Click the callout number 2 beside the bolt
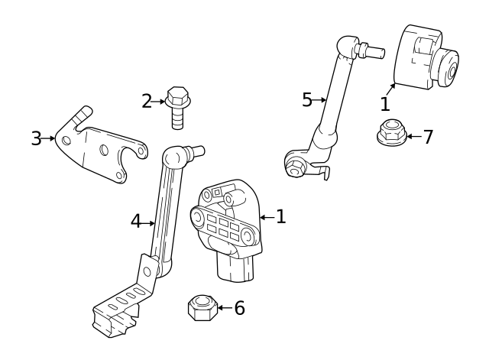[x=147, y=101]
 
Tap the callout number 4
[x=136, y=222]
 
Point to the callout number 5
[x=307, y=99]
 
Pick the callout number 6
[x=239, y=308]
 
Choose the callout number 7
[x=428, y=137]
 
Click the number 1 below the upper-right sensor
[x=385, y=104]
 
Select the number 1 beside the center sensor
[x=280, y=217]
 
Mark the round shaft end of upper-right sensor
[x=449, y=71]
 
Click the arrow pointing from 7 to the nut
[x=413, y=137]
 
